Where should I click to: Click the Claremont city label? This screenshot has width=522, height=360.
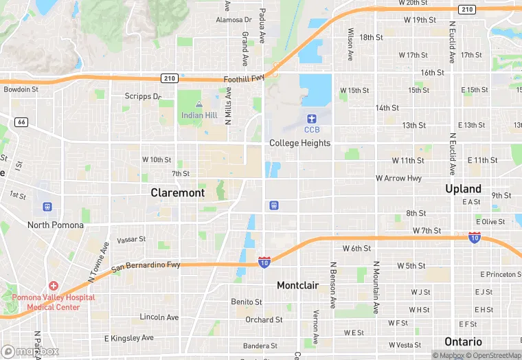tap(177, 193)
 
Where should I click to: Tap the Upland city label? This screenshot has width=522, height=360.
tap(463, 189)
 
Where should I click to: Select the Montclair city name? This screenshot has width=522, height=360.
tap(298, 285)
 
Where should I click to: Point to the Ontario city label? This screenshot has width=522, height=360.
tap(463, 341)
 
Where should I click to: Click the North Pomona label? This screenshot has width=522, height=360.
tap(56, 225)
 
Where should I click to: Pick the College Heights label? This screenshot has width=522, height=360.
tap(299, 143)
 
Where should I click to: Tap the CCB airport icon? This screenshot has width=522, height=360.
tap(312, 119)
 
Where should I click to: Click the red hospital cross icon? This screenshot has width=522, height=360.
tap(54, 285)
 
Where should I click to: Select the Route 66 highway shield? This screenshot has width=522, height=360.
tap(21, 122)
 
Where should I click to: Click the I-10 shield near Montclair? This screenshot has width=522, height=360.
tap(264, 262)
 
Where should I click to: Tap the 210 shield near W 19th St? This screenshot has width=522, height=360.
tap(467, 9)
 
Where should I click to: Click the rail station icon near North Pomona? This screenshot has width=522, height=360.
tap(47, 206)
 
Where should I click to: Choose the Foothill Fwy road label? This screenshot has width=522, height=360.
tap(244, 80)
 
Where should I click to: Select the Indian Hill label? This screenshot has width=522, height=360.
tap(198, 115)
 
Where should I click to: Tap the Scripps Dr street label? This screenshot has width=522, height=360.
tap(142, 97)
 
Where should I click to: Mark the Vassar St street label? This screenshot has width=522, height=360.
tap(131, 240)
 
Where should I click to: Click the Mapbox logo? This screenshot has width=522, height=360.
tap(30, 352)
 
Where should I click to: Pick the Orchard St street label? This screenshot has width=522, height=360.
tap(264, 319)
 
